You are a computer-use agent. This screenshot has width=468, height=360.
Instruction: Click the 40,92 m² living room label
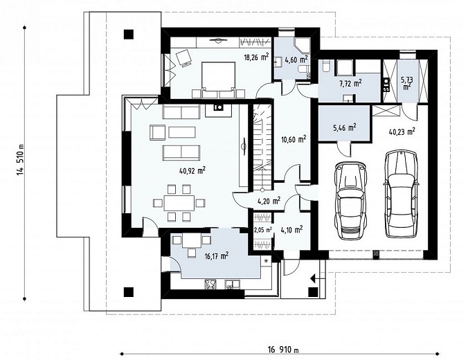tap(192, 170)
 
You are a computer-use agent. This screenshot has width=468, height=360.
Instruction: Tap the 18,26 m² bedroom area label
tap(256, 57)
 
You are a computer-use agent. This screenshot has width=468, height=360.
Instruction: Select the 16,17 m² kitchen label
tap(217, 255)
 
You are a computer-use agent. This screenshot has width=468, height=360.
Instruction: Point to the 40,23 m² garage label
tap(402, 132)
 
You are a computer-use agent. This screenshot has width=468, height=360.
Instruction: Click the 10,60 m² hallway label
tap(294, 138)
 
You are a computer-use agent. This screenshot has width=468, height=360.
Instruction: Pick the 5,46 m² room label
tap(344, 128)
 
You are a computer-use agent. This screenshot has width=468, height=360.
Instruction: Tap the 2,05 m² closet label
tap(262, 230)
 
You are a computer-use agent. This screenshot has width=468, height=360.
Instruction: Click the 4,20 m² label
tap(269, 200)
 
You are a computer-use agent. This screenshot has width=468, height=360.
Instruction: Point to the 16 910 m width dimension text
tap(283, 350)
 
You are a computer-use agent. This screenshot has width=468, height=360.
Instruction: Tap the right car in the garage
tap(401, 194)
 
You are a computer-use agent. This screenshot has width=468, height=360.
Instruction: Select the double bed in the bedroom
tap(218, 80)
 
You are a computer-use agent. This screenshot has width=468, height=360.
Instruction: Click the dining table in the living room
tap(179, 204)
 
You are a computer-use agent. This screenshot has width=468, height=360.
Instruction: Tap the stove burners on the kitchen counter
tap(210, 284)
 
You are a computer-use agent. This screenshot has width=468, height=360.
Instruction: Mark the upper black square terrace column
tap(129, 35)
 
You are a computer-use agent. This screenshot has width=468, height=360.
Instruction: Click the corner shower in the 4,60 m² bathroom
tap(302, 45)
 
